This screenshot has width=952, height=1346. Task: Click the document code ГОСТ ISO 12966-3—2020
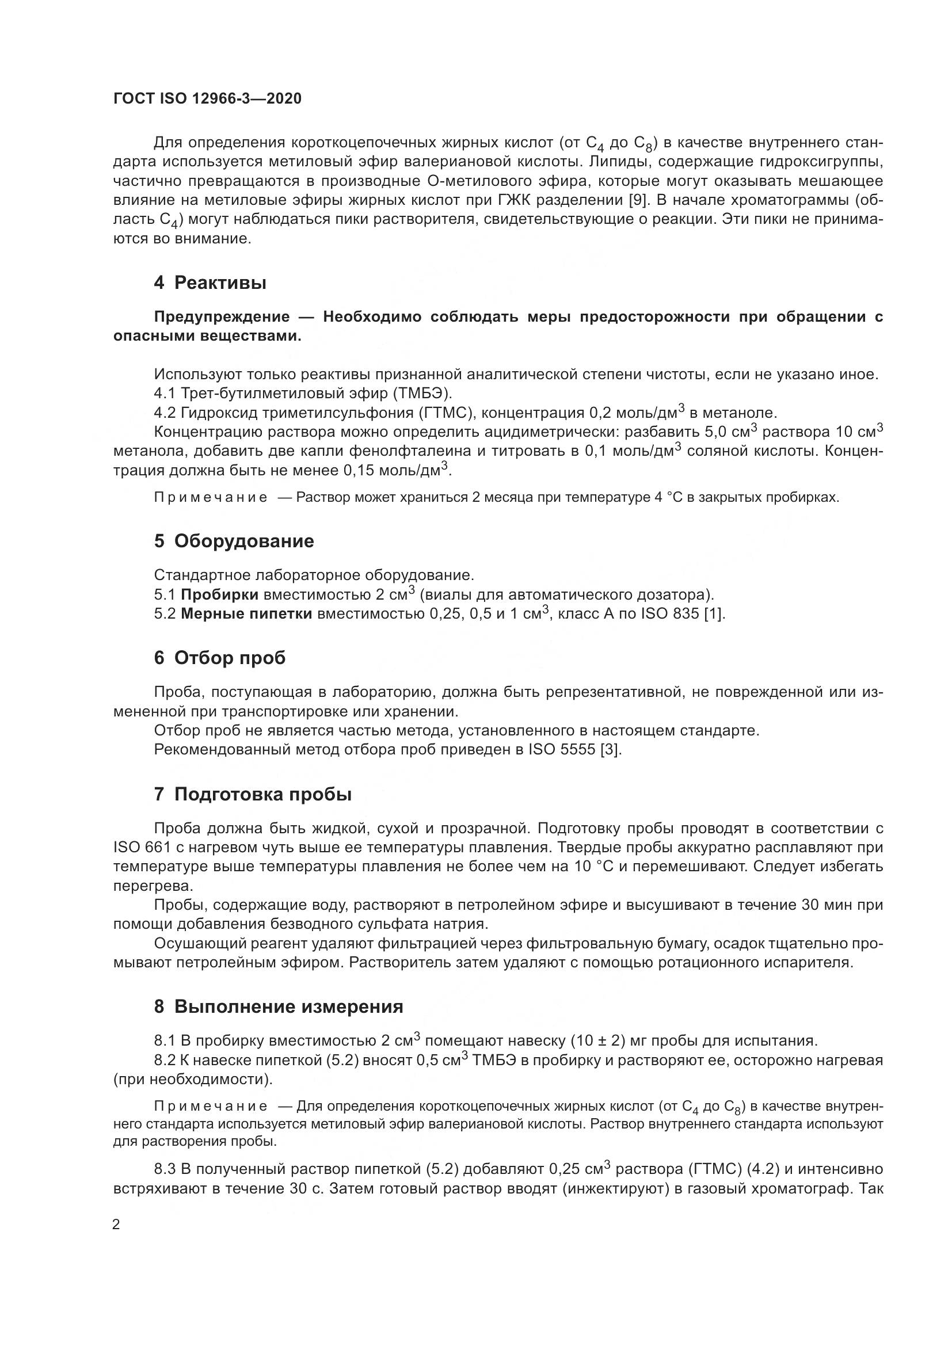tap(207, 98)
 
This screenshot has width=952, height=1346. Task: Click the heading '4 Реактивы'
tap(210, 283)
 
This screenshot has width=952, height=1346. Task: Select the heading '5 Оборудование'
tap(234, 541)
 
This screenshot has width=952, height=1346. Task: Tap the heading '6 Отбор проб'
tap(219, 658)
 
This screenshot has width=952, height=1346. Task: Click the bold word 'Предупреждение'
tap(222, 317)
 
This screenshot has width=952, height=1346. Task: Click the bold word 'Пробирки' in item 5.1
tap(219, 595)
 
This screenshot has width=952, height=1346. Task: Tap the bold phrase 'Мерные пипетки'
tap(246, 614)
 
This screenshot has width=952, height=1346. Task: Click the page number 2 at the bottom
tap(116, 1225)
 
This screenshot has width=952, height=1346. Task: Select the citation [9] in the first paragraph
tap(638, 200)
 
